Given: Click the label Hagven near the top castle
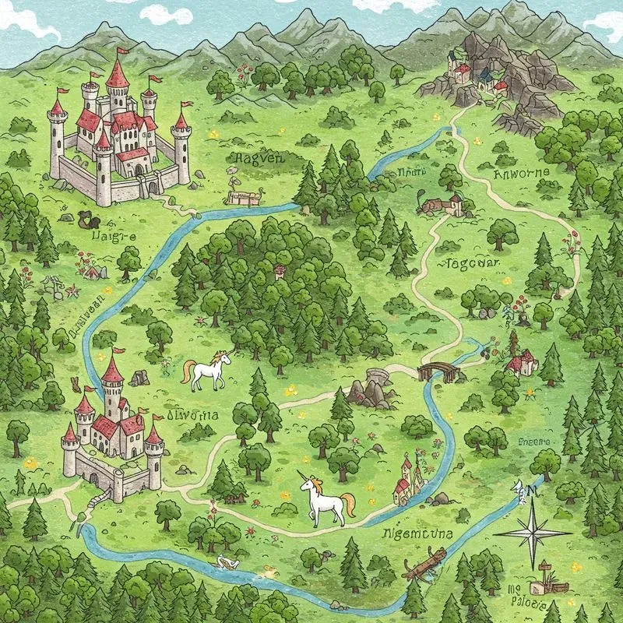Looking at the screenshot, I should coord(255,159).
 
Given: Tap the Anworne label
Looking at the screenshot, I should coord(522,172).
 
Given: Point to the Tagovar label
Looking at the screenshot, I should coord(470,263).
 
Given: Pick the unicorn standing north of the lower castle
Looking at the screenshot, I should coord(209,371).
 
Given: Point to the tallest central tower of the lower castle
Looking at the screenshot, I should coord(113,382).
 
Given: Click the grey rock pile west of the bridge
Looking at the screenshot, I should coord(368,391).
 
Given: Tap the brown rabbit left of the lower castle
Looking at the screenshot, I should coord(76,383).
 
